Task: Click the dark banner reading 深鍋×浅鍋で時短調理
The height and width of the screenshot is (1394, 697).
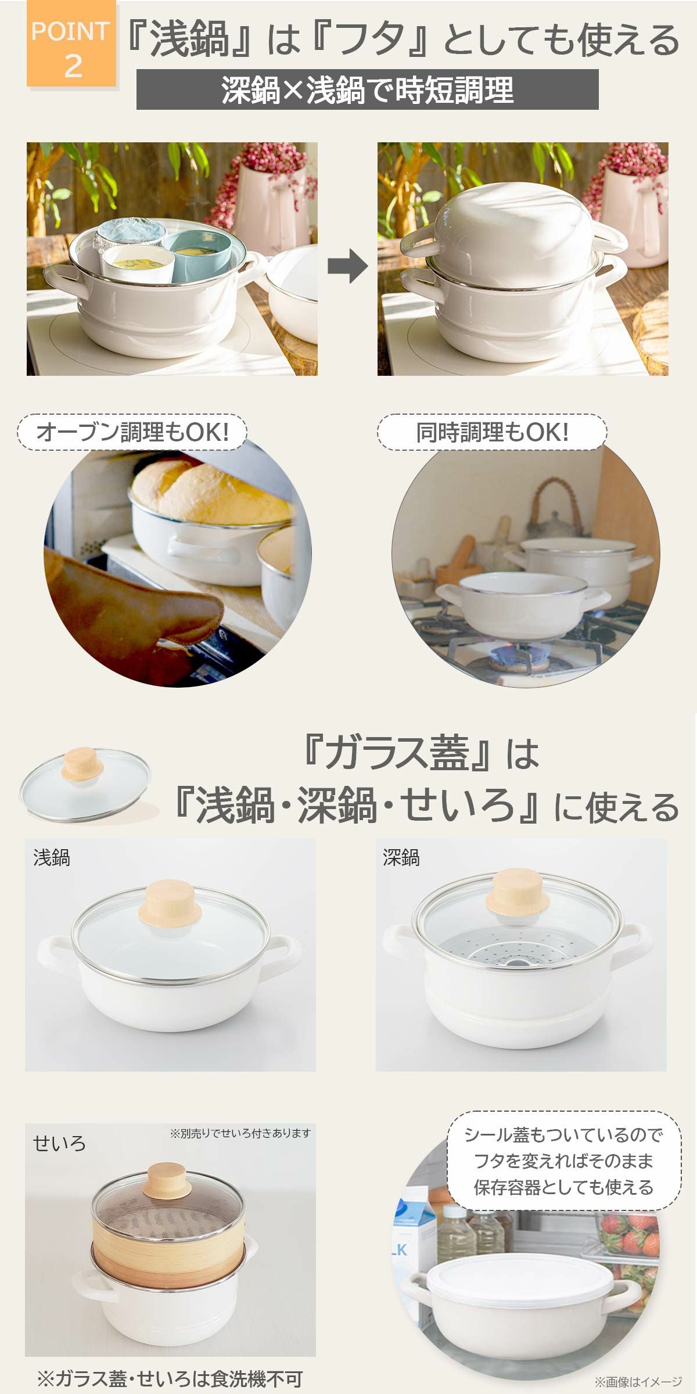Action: (x=367, y=89)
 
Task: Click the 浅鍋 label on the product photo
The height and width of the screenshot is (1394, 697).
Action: (x=52, y=858)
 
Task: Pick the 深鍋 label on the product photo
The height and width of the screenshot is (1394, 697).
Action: (x=401, y=858)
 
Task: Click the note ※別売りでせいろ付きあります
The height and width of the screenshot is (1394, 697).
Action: (x=240, y=1133)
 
